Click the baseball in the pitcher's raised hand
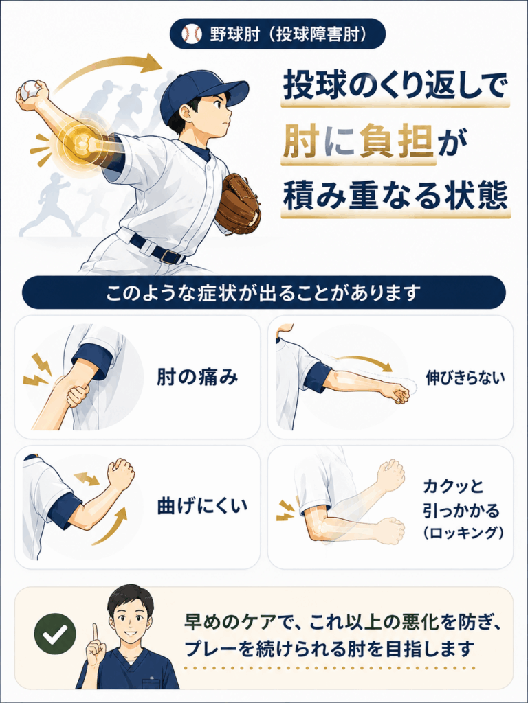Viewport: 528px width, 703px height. pos(30,90)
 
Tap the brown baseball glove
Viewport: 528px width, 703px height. pos(237,203)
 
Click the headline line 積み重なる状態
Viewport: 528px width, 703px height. pos(395,196)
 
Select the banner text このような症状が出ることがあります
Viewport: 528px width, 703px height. pos(263,292)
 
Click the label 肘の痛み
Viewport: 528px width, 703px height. pos(197,378)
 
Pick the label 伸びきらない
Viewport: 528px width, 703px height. pos(465,378)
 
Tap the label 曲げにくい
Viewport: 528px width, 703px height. pos(202,506)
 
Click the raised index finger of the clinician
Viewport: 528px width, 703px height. pos(95,634)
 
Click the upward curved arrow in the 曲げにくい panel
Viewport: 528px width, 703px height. pos(111,527)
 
